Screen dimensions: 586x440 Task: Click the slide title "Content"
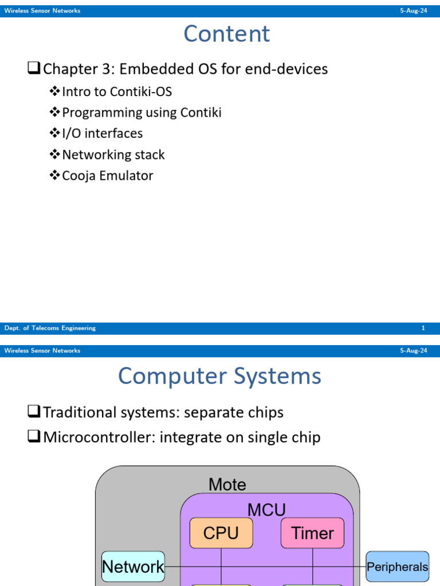(x=226, y=34)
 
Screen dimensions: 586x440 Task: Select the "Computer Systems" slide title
(x=219, y=377)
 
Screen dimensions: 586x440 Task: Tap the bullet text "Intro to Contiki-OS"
(x=117, y=92)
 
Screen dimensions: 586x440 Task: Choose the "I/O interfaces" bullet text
(x=102, y=133)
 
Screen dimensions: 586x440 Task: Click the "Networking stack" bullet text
(x=113, y=155)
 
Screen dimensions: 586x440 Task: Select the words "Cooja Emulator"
(x=107, y=176)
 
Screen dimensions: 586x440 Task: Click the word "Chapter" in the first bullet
(x=68, y=69)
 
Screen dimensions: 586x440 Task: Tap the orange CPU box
(x=221, y=533)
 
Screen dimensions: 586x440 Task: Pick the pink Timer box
(x=312, y=533)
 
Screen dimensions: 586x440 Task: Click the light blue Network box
(x=133, y=567)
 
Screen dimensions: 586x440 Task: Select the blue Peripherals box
(x=397, y=567)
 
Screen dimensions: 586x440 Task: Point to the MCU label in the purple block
(x=266, y=509)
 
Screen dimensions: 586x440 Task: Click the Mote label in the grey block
(x=227, y=485)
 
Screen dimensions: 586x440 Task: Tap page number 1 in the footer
(x=423, y=328)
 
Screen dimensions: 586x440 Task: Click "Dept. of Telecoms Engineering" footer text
(x=50, y=328)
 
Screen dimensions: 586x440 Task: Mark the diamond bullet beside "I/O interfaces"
(x=55, y=133)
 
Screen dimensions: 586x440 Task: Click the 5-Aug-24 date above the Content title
(x=413, y=11)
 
